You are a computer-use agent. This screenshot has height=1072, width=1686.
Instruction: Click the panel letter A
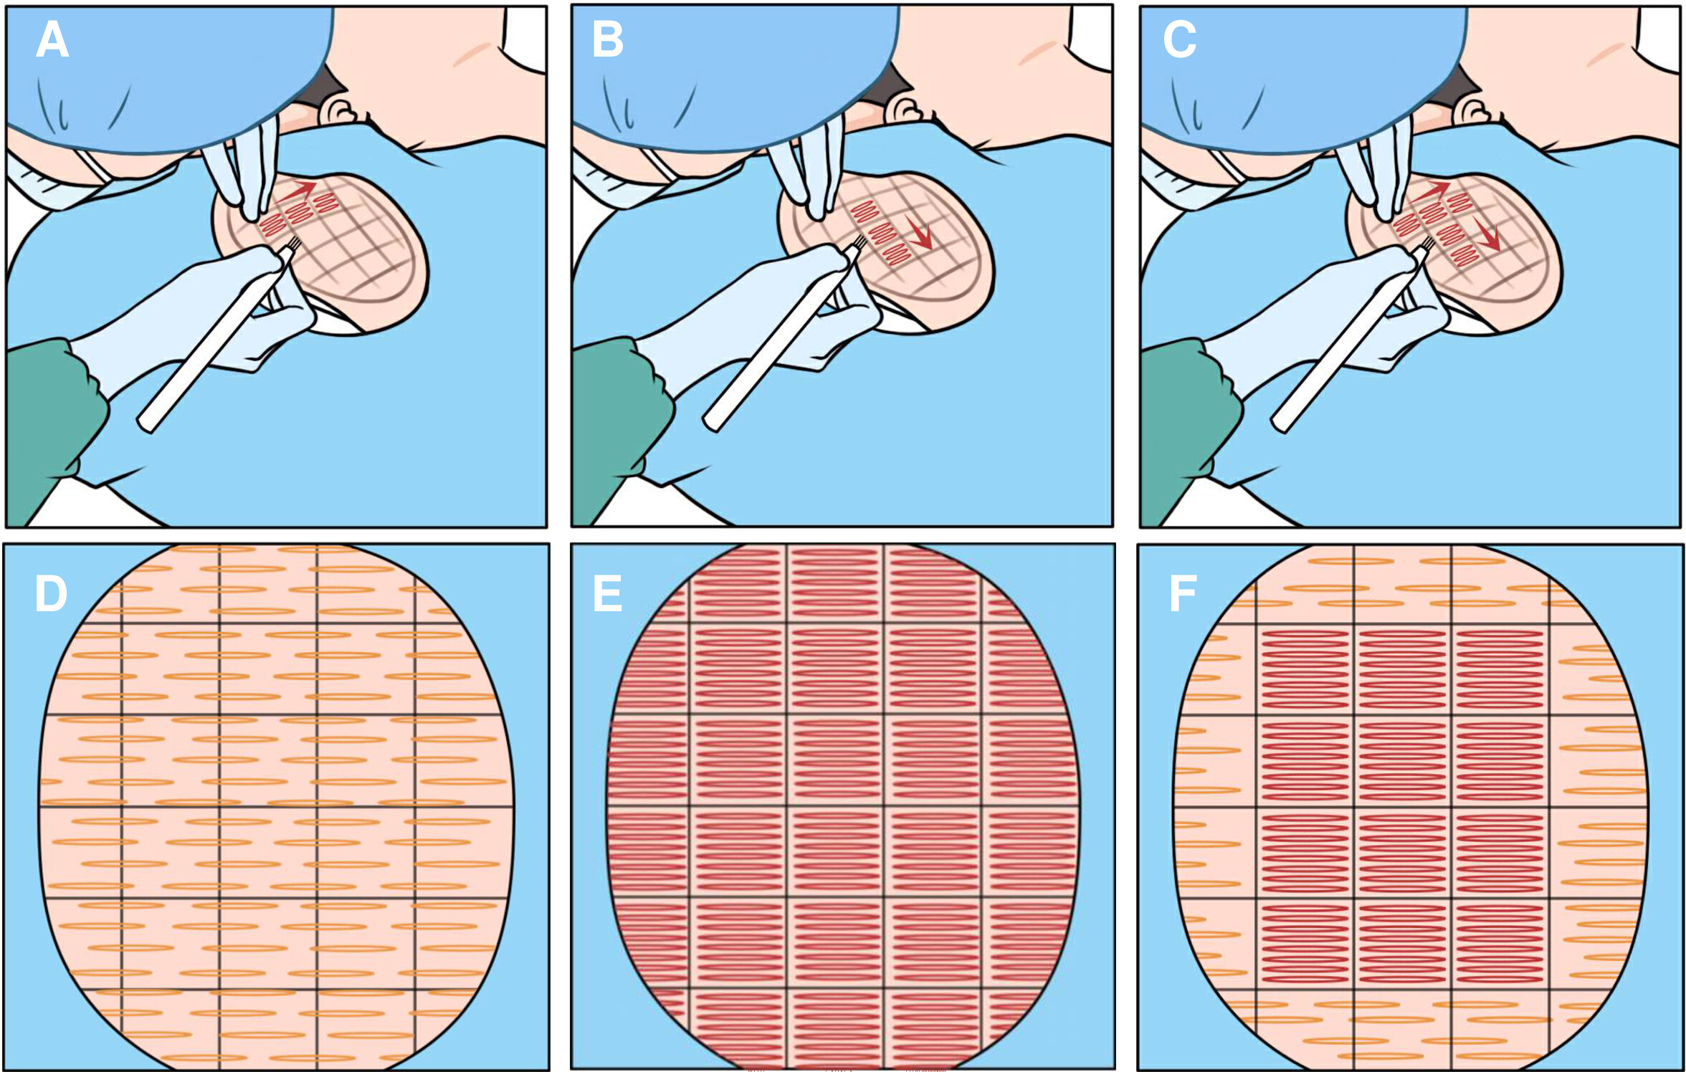pyautogui.click(x=52, y=39)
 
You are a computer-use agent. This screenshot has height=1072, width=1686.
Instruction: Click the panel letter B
pyautogui.click(x=608, y=39)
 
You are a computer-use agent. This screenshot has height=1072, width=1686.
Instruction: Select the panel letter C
pyautogui.click(x=1179, y=39)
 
